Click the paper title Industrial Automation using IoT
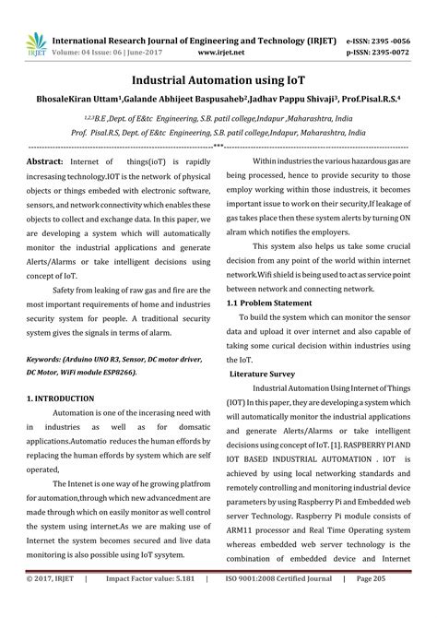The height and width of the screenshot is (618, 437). (x=218, y=80)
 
